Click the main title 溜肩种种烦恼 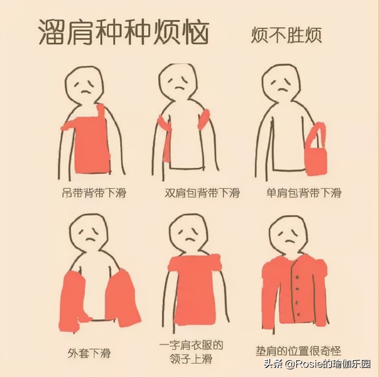click(x=124, y=33)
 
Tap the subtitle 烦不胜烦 click(x=286, y=35)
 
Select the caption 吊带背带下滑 click(x=94, y=193)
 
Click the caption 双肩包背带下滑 click(x=202, y=193)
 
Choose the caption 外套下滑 click(x=89, y=353)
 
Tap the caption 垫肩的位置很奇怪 click(x=298, y=351)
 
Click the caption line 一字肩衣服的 click(x=191, y=345)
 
